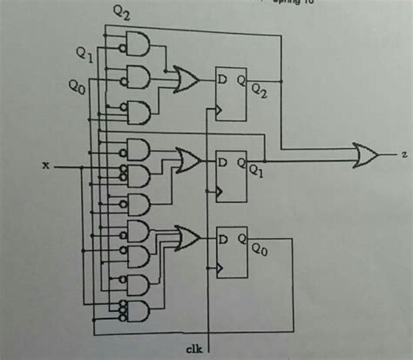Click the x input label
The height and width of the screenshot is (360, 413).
[x=46, y=163]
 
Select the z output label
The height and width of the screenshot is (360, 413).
[x=404, y=155]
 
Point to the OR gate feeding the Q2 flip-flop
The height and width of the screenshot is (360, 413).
[x=186, y=79]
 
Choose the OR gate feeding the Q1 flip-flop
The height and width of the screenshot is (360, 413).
[x=187, y=160]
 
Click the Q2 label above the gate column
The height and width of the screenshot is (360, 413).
[x=122, y=13]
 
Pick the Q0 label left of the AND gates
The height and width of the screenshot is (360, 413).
[x=77, y=86]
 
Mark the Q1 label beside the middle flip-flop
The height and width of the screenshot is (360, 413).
[x=259, y=172]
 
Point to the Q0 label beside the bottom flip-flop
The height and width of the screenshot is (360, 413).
[x=259, y=249]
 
